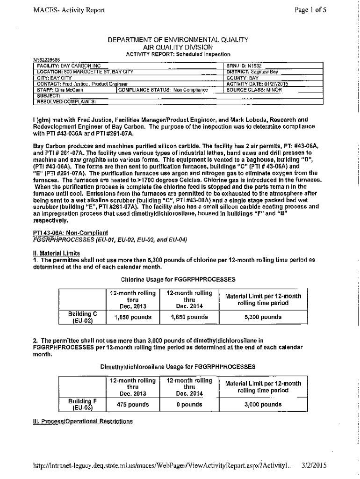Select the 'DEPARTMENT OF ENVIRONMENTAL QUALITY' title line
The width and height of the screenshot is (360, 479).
pyautogui.click(x=178, y=40)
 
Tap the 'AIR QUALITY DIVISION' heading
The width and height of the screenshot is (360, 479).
pyautogui.click(x=178, y=47)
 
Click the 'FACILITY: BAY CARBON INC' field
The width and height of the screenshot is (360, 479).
pyautogui.click(x=69, y=66)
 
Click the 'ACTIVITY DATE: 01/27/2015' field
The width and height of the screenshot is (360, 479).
pyautogui.click(x=257, y=84)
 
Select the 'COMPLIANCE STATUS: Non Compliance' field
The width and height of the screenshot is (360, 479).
pyautogui.click(x=163, y=89)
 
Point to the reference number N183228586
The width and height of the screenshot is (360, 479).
pyautogui.click(x=46, y=60)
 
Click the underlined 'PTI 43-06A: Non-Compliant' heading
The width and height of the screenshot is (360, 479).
pyautogui.click(x=70, y=232)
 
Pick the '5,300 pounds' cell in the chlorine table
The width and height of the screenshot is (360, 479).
pyautogui.click(x=263, y=317)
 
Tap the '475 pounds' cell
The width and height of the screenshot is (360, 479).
pyautogui.click(x=132, y=404)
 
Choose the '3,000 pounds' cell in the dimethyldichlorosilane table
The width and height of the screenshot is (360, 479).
pyautogui.click(x=263, y=404)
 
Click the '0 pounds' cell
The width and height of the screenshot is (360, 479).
pyautogui.click(x=189, y=404)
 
